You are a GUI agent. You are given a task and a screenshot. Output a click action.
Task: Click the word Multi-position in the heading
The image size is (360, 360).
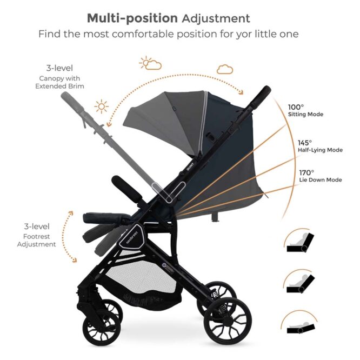(x=132, y=18)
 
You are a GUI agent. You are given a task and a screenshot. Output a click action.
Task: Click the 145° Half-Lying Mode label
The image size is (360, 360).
(x=319, y=146)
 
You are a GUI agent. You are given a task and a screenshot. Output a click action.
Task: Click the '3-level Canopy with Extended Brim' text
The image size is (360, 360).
(x=61, y=77)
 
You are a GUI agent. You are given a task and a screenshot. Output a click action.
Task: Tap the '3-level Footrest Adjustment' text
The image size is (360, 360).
(x=36, y=235)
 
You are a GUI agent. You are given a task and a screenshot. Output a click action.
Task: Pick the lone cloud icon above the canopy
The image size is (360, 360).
(x=225, y=69)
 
